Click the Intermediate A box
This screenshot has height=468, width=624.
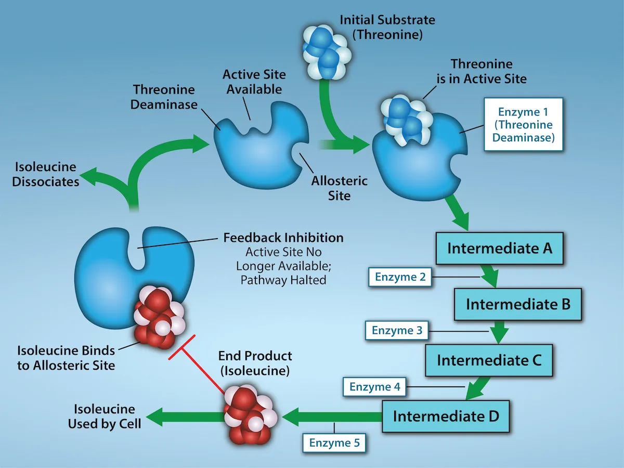tap(499, 248)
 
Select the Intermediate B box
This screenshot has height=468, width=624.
tap(518, 304)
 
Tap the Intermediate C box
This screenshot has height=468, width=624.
tap(489, 360)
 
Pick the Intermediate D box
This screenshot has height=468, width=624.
tap(446, 416)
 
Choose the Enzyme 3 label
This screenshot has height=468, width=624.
tap(397, 330)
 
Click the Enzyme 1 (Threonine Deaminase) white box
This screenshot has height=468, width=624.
tap(523, 125)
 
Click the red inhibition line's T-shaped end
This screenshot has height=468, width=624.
tap(182, 347)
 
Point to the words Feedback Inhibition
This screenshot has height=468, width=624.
tap(283, 238)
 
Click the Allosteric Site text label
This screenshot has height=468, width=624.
tap(339, 188)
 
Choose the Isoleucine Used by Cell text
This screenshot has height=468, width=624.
tap(105, 417)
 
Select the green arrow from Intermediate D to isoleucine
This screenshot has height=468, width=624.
tap(333, 416)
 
